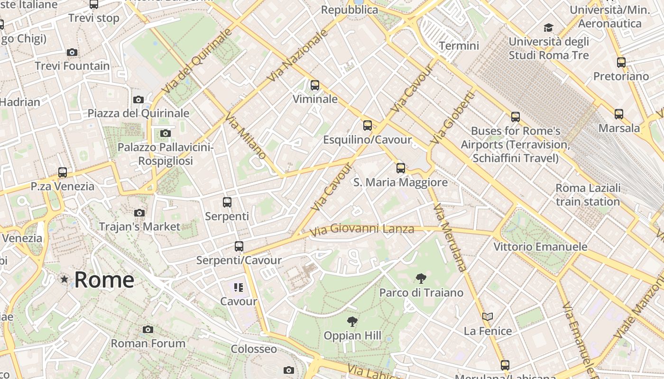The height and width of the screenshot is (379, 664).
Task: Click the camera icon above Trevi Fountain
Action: click(x=72, y=52)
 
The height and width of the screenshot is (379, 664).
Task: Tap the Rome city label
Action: click(x=104, y=280)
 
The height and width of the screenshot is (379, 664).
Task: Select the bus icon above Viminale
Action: click(x=315, y=85)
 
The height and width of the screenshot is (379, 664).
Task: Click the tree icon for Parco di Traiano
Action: click(x=421, y=279)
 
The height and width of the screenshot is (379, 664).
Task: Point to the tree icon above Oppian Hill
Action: click(x=352, y=322)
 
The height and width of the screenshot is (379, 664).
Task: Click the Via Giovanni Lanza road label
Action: click(x=362, y=230)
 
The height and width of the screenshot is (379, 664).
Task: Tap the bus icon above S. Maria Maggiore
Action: click(x=401, y=168)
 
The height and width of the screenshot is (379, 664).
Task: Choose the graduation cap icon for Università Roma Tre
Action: click(x=549, y=27)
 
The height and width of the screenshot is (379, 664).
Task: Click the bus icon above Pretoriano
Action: click(x=621, y=62)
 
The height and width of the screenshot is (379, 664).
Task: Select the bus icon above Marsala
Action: click(x=618, y=114)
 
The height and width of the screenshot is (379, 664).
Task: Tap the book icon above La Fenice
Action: click(x=488, y=316)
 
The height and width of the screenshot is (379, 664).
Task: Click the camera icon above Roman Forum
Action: click(x=148, y=329)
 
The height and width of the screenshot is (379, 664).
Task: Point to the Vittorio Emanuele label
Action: click(x=540, y=247)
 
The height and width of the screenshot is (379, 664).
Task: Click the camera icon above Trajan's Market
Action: click(x=139, y=213)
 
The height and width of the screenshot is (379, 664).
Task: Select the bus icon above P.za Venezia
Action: click(x=63, y=172)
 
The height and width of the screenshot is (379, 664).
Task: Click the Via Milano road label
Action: click(x=246, y=135)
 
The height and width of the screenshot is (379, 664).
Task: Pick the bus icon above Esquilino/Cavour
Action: click(x=368, y=125)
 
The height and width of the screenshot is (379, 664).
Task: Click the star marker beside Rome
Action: click(x=65, y=280)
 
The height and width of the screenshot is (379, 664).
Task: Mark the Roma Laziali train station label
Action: click(x=588, y=195)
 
